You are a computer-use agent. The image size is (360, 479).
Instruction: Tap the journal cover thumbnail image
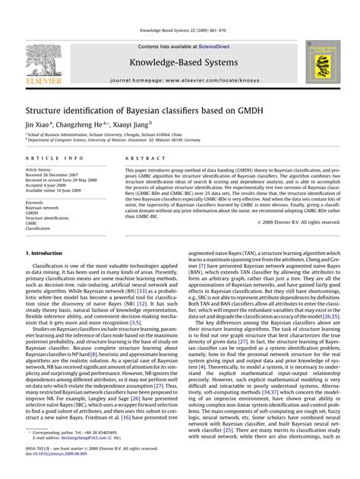(x=320, y=62)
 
